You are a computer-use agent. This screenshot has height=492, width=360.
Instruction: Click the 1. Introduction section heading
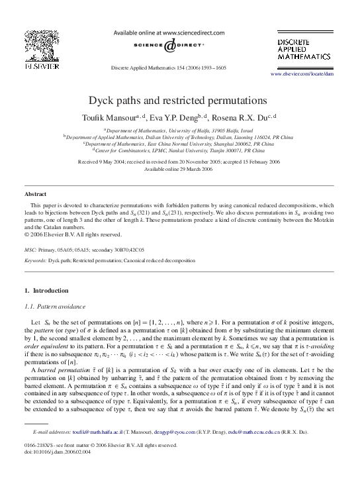46,291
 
